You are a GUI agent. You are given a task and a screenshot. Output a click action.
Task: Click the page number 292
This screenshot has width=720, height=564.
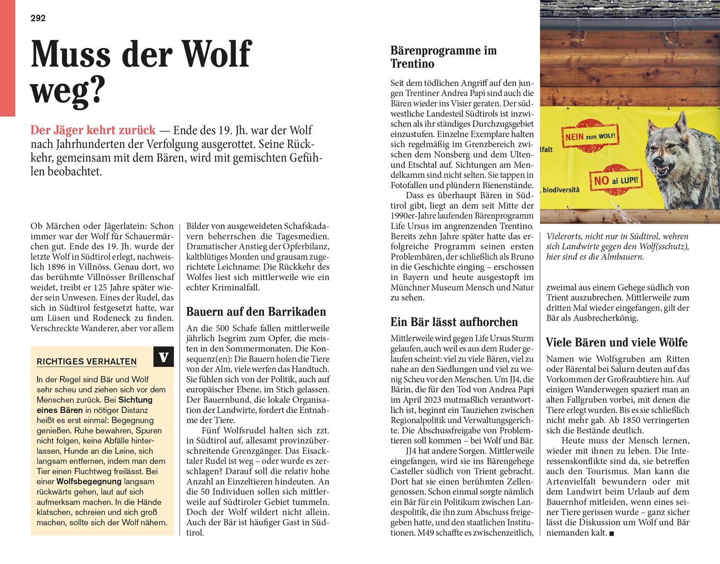38,18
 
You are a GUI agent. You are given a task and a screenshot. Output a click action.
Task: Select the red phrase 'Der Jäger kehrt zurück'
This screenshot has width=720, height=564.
93,130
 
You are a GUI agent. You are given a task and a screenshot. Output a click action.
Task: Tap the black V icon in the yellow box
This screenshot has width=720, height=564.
164,357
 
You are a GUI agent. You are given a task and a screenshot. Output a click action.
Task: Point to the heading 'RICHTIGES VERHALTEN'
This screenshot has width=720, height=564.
86,362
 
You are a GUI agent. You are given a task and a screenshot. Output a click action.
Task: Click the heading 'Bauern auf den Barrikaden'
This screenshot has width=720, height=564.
256,312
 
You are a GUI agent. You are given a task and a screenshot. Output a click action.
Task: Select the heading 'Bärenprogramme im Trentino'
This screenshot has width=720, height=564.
443,57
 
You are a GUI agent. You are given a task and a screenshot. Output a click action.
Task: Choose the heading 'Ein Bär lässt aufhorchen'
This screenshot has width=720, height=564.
454,322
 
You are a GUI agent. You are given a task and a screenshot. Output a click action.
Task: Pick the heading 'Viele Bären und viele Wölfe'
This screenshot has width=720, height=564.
617,342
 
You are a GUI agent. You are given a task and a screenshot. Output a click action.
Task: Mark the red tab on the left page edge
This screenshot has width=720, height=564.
7,58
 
